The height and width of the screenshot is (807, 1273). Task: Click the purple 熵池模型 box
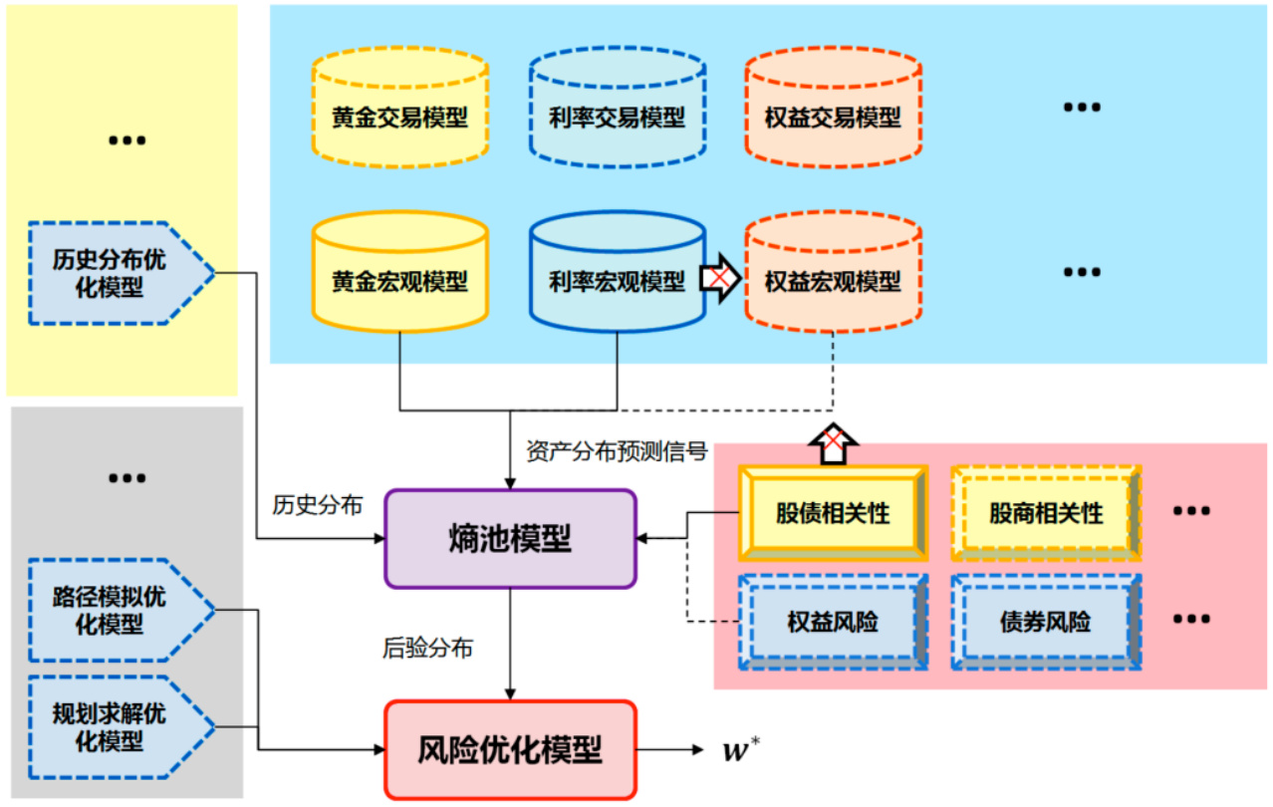click(510, 538)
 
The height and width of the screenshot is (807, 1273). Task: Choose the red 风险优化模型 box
click(510, 749)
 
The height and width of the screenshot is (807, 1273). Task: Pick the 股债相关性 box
click(833, 514)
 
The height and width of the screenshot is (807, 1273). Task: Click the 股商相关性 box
click(1045, 514)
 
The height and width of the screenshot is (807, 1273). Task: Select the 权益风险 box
click(833, 622)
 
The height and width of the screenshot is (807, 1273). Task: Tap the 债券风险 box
click(1045, 622)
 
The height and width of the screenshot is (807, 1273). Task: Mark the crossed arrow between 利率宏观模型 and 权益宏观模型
click(720, 280)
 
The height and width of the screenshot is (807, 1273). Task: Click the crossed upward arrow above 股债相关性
click(833, 442)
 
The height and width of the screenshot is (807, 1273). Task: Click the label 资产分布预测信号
click(617, 451)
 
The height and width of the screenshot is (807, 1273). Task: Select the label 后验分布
click(427, 649)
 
